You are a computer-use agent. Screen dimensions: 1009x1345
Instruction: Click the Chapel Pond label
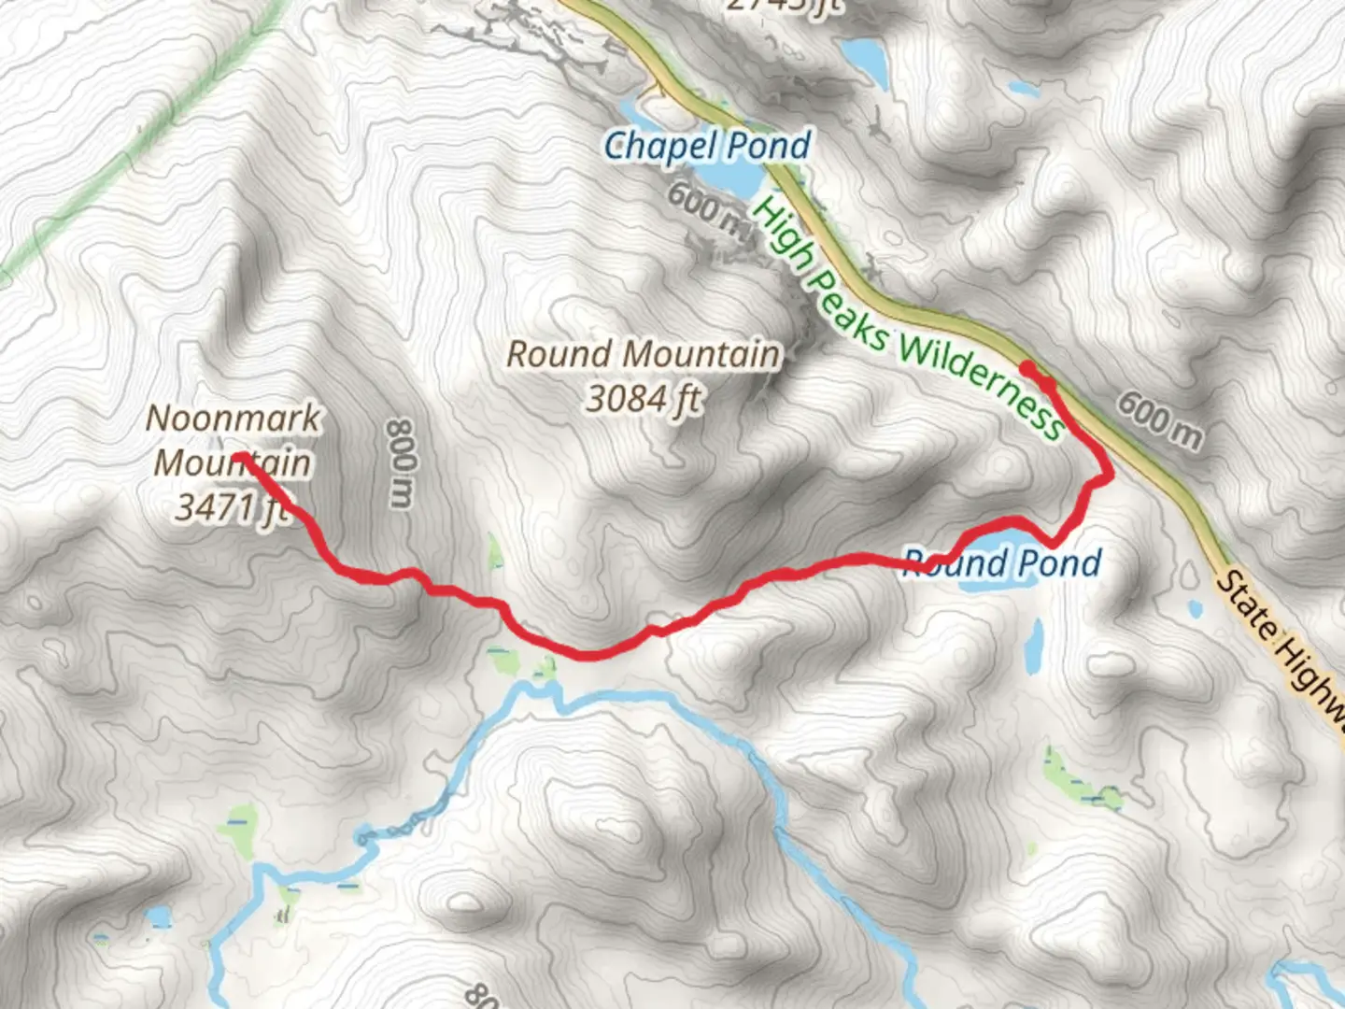click(x=707, y=147)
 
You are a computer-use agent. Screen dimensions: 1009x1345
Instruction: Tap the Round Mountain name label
click(x=643, y=354)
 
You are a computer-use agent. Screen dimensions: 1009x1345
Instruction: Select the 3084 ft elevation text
click(x=643, y=399)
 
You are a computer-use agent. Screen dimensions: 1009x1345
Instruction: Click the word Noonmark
click(x=234, y=419)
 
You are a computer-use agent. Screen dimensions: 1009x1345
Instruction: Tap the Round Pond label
click(x=1002, y=562)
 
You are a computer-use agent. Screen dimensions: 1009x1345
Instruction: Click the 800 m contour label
click(x=401, y=463)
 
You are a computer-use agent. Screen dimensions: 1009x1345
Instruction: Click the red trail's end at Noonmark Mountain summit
click(x=239, y=457)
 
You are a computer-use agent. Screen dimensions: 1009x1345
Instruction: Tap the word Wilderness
click(x=981, y=383)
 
